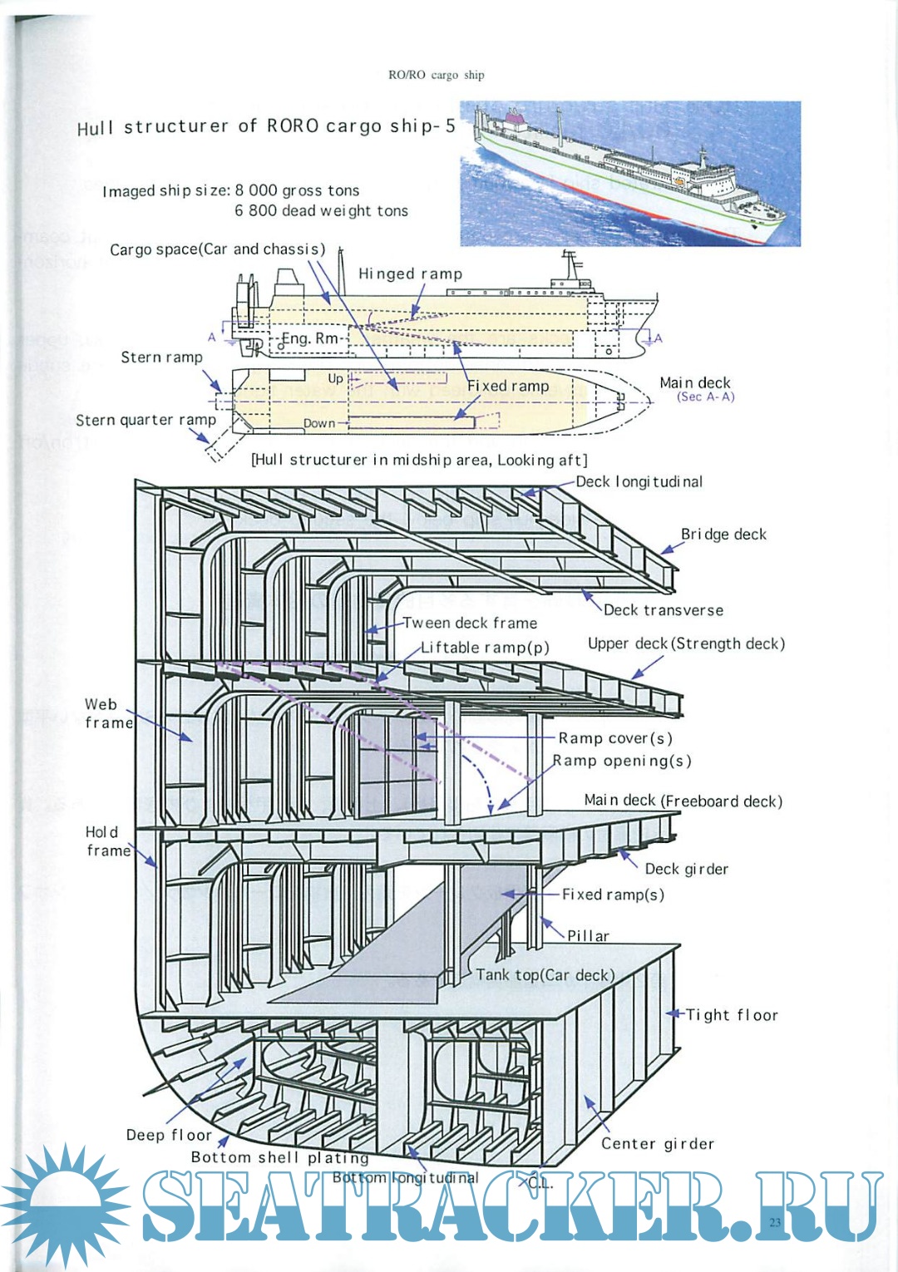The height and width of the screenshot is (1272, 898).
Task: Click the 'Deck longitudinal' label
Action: click(x=639, y=481)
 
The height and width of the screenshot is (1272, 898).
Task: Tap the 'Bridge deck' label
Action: click(x=723, y=534)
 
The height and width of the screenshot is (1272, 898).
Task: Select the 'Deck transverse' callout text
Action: click(x=663, y=610)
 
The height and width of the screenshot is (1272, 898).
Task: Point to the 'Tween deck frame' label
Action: click(x=470, y=623)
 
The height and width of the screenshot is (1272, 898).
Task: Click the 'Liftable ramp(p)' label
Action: click(x=485, y=648)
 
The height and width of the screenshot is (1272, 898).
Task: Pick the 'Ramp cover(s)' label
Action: click(x=615, y=738)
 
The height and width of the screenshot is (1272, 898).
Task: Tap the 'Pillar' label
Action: click(x=589, y=936)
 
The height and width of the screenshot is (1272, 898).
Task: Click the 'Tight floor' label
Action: click(x=732, y=1015)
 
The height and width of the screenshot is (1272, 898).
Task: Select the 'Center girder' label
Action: click(x=658, y=1144)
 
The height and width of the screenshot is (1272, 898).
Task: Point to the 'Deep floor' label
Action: click(x=169, y=1136)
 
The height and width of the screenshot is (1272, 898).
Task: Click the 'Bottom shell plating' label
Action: click(x=279, y=1157)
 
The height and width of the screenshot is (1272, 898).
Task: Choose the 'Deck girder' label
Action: click(x=687, y=869)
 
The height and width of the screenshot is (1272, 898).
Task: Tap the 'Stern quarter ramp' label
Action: click(x=146, y=420)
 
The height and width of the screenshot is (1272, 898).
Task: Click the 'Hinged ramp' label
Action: click(x=410, y=274)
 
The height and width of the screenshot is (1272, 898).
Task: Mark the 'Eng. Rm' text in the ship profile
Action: click(x=310, y=338)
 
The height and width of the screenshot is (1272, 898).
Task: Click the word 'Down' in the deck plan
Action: click(x=319, y=423)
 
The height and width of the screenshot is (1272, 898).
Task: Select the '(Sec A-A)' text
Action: click(x=706, y=397)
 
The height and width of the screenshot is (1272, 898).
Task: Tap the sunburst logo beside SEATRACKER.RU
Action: click(x=65, y=1205)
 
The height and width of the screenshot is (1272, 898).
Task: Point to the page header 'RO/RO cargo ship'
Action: click(x=436, y=75)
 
